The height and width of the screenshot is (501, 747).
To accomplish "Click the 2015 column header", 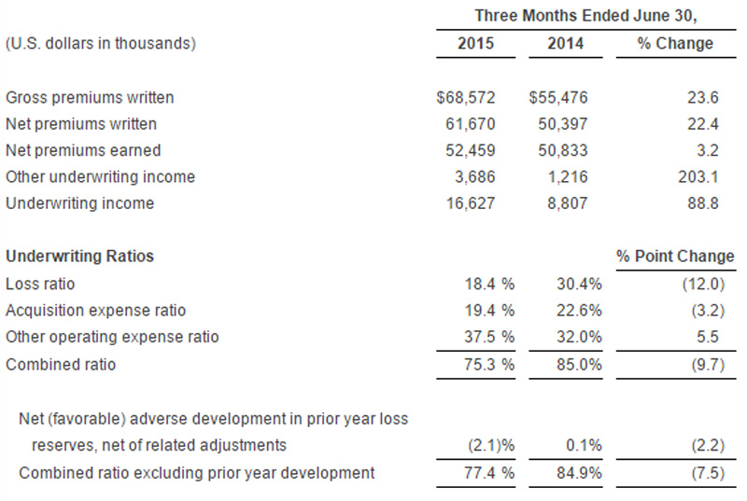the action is pyautogui.click(x=475, y=43).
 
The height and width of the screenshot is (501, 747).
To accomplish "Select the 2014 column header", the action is pyautogui.click(x=565, y=43).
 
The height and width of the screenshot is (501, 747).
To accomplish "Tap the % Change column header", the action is pyautogui.click(x=675, y=43).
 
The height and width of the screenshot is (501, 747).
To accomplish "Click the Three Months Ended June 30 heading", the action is pyautogui.click(x=585, y=16).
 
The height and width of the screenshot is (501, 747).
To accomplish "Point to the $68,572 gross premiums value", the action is pyautogui.click(x=465, y=98).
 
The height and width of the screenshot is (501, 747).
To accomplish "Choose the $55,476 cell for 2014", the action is pyautogui.click(x=557, y=98).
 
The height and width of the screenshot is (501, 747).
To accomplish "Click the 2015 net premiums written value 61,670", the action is pyautogui.click(x=471, y=124).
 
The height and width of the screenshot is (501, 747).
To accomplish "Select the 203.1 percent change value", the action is pyautogui.click(x=698, y=177).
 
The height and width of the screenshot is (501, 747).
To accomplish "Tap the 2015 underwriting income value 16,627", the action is pyautogui.click(x=471, y=203).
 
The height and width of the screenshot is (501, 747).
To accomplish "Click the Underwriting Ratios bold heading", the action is pyautogui.click(x=79, y=256).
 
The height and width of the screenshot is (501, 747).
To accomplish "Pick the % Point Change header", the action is pyautogui.click(x=675, y=256).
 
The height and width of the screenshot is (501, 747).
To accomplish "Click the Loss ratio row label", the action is pyautogui.click(x=40, y=284).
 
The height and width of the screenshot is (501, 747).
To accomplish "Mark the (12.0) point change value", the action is pyautogui.click(x=703, y=284).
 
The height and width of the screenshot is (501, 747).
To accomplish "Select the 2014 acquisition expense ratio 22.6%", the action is pyautogui.click(x=579, y=311).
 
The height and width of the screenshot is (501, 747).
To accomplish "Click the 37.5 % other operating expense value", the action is pyautogui.click(x=489, y=338).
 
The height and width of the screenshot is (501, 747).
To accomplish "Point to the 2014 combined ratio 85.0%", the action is pyautogui.click(x=579, y=365).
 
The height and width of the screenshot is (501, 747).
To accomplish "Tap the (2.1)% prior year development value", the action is pyautogui.click(x=491, y=445).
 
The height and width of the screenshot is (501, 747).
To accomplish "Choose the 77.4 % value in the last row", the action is pyautogui.click(x=489, y=473).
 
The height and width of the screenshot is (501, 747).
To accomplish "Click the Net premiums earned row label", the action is pyautogui.click(x=83, y=150).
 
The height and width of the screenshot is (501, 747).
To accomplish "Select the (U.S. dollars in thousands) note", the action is pyautogui.click(x=101, y=43).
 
